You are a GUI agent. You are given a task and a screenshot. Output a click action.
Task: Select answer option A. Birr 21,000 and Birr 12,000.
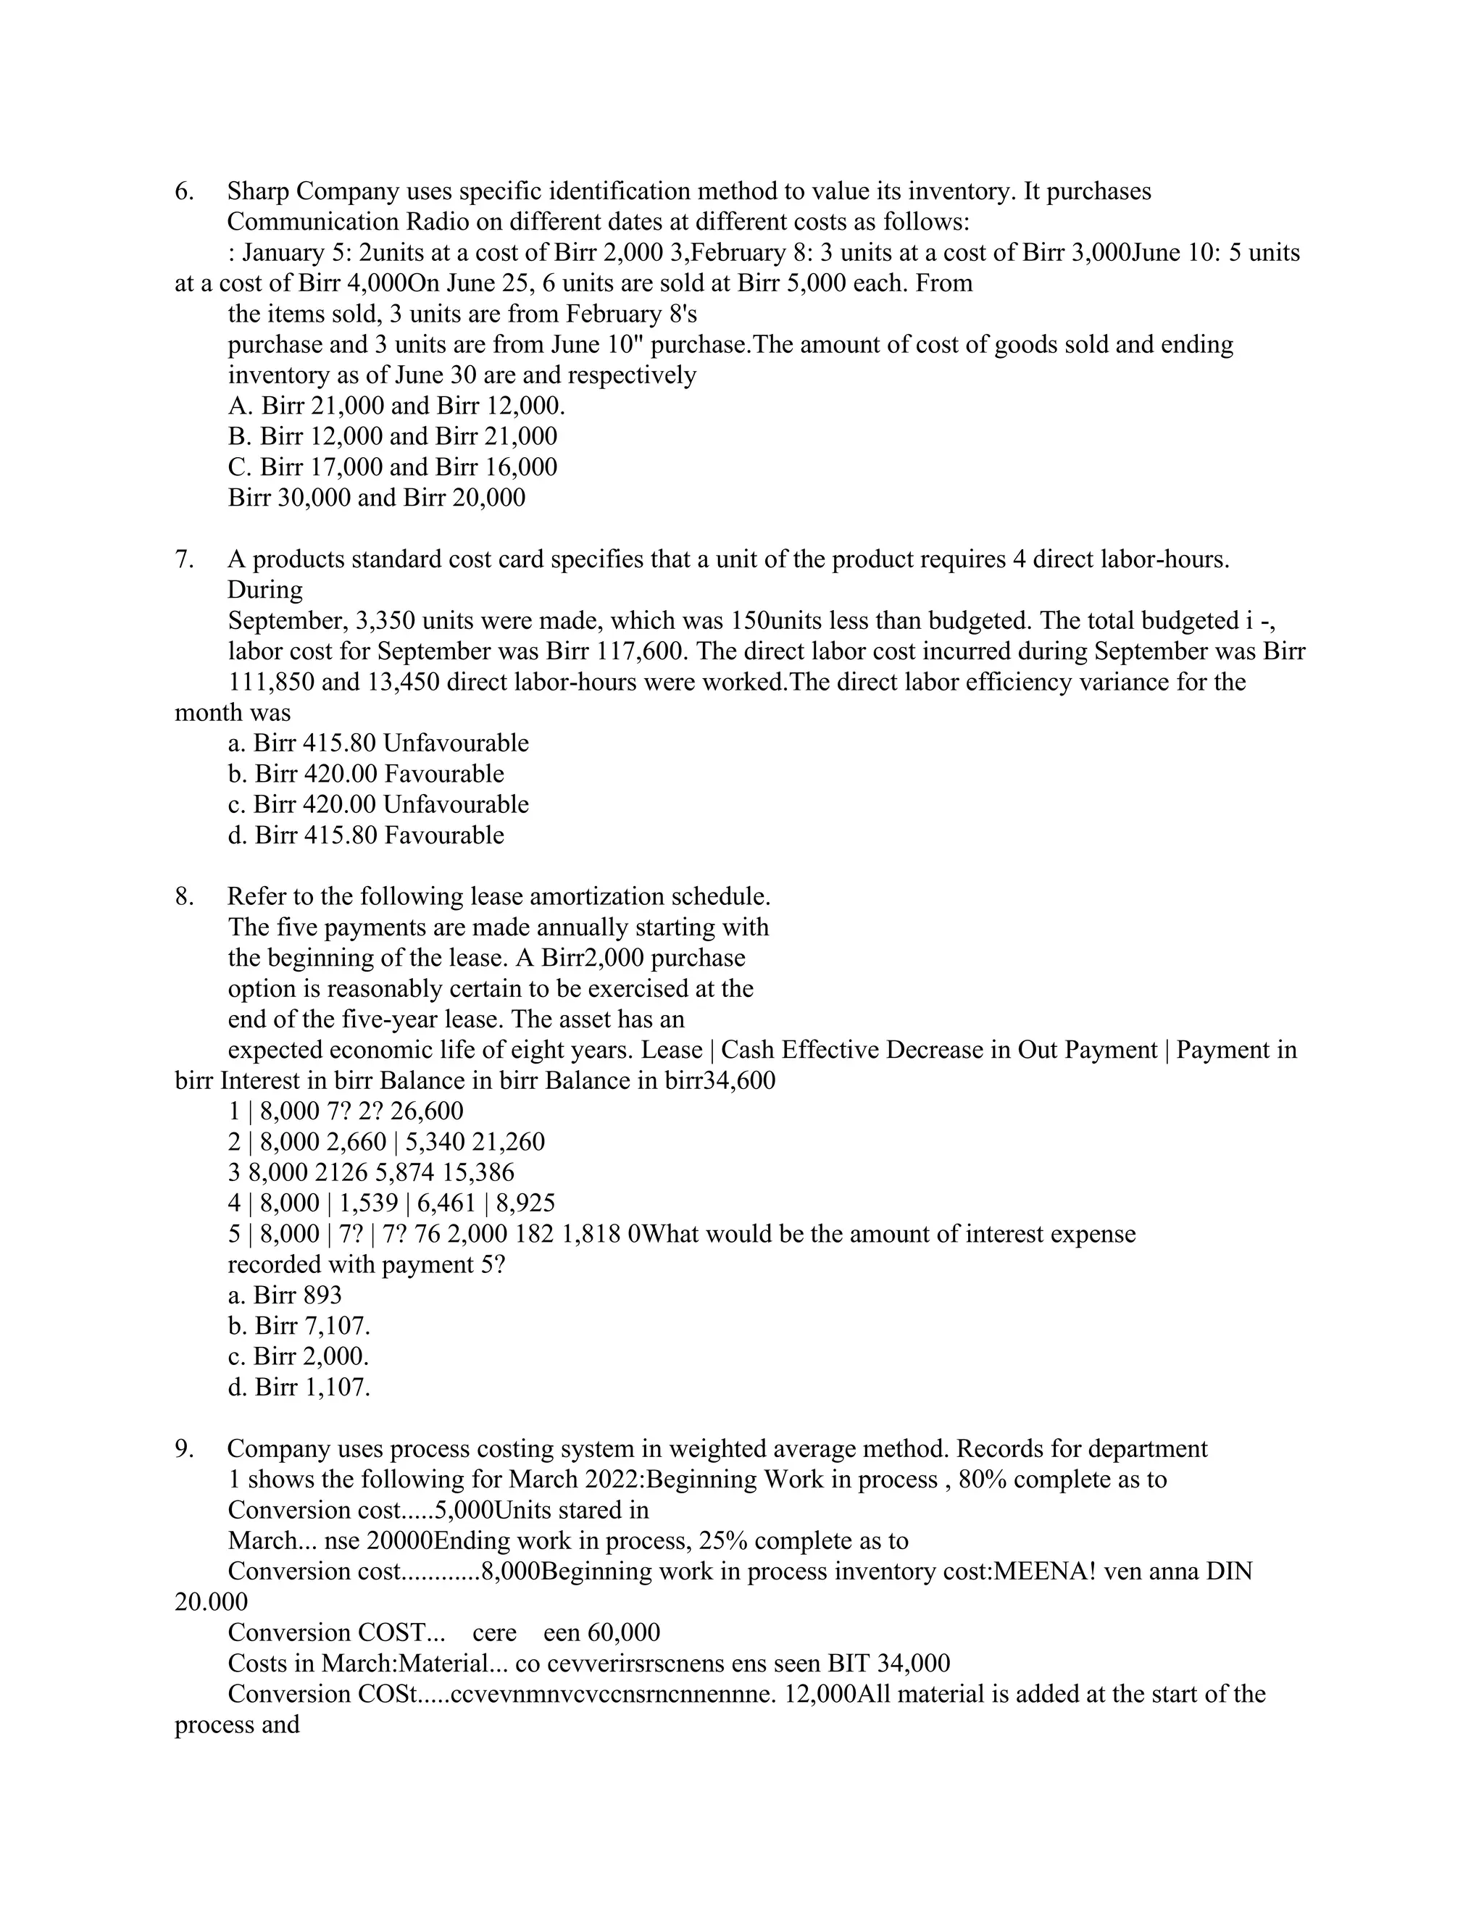click(x=396, y=406)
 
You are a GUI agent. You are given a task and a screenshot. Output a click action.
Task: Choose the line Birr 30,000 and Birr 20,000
click(x=376, y=498)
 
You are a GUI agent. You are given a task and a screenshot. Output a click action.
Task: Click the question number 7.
click(x=184, y=560)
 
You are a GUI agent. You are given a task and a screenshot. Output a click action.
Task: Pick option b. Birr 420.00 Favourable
click(x=366, y=775)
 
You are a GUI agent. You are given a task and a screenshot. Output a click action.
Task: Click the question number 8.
click(x=184, y=898)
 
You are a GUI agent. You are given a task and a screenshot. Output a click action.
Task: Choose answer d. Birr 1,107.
click(x=299, y=1388)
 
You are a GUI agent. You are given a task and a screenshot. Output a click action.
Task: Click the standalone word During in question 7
click(x=264, y=590)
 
